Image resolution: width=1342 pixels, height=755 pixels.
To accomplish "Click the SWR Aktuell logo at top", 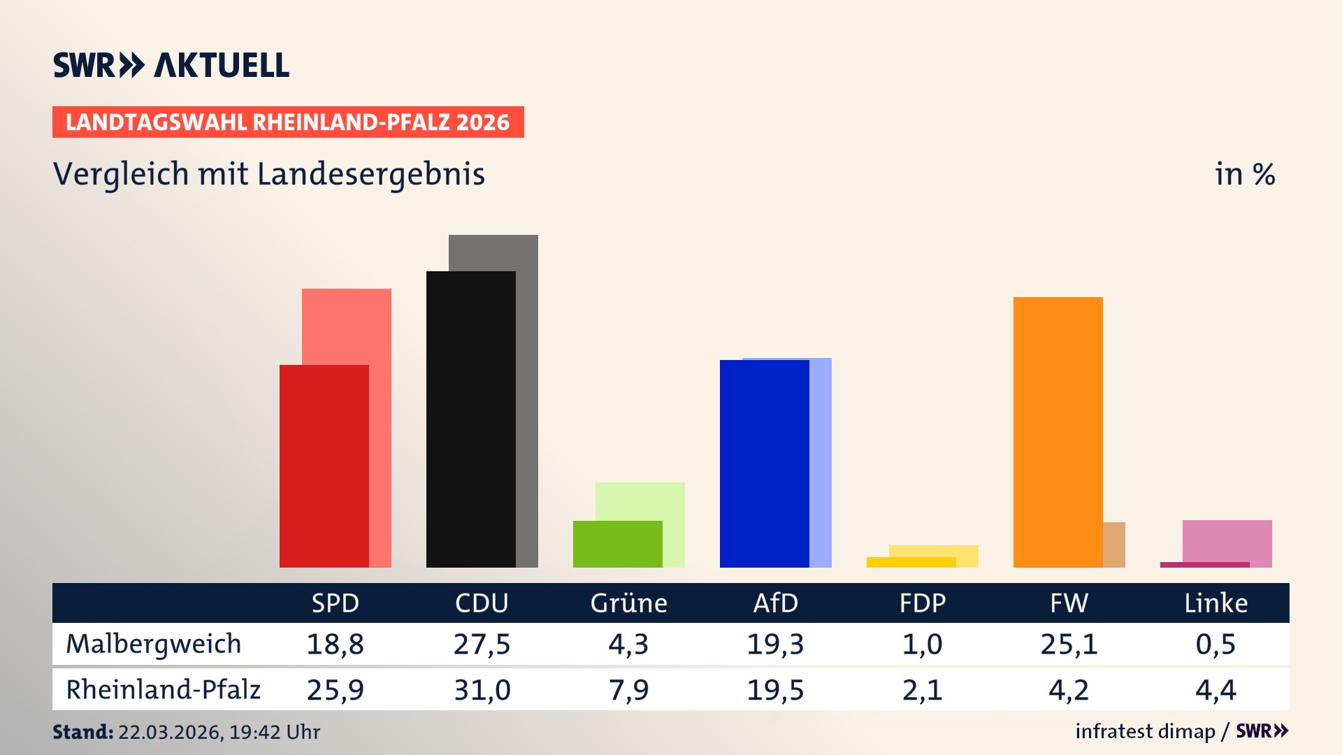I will click(171, 65).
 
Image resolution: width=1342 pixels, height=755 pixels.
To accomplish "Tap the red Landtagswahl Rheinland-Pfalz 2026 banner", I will click(287, 122).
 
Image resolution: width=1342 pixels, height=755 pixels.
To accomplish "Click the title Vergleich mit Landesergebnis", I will click(268, 174).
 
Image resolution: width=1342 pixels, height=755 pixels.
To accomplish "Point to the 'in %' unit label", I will click(1244, 174).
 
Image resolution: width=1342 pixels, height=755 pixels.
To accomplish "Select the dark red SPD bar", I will click(324, 466).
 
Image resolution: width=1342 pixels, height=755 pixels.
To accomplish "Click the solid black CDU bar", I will click(470, 419).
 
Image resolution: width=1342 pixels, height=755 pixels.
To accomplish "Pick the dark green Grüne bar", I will click(617, 544).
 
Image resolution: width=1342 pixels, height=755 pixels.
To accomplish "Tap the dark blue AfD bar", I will click(764, 463).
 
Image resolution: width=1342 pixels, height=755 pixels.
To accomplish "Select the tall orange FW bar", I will click(1058, 432).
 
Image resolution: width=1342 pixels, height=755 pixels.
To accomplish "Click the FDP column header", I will click(922, 603).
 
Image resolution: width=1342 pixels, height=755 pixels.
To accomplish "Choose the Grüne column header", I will click(628, 603).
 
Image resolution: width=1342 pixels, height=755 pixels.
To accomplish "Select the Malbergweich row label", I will click(153, 644).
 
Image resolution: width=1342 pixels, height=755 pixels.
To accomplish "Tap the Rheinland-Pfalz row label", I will click(163, 690).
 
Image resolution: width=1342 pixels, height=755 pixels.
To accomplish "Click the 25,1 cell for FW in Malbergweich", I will click(1069, 644).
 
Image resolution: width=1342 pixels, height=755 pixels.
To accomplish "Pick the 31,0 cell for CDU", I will click(482, 690).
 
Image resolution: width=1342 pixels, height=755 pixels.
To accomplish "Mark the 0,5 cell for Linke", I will click(1215, 644).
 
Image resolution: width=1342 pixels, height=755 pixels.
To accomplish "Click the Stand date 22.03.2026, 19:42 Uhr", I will click(218, 732).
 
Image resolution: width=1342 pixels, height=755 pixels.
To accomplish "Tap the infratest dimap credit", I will click(1145, 731).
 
